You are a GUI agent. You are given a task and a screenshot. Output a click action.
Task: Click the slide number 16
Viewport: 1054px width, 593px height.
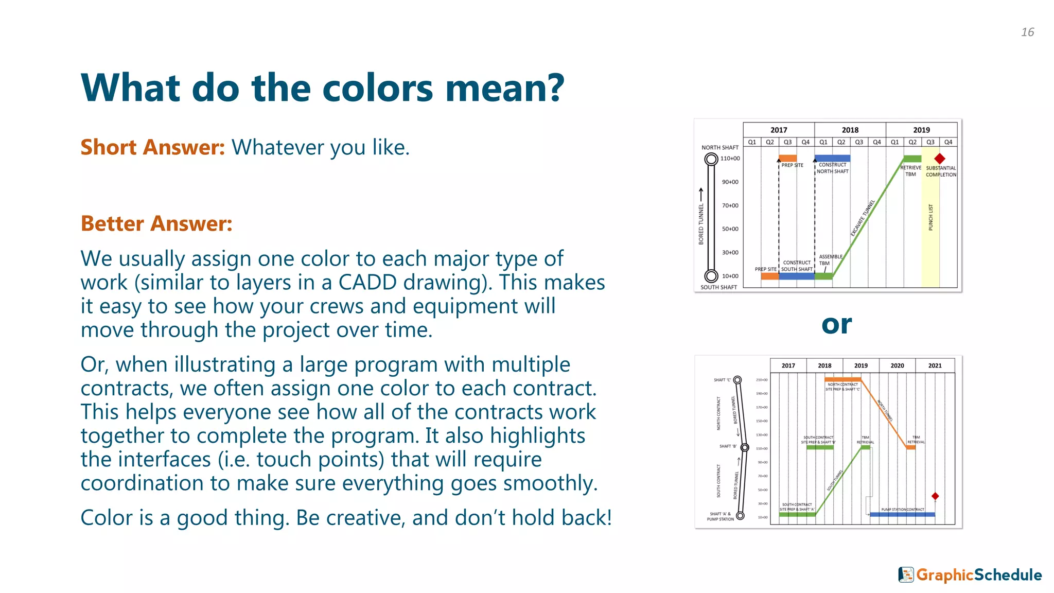pos(1027,32)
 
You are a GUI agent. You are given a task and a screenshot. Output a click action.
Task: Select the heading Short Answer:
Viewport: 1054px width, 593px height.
pos(152,147)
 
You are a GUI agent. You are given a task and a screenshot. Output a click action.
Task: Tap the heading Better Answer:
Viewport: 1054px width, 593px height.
pos(156,223)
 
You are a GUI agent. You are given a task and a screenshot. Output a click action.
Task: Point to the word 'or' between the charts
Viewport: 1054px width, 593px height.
pos(836,324)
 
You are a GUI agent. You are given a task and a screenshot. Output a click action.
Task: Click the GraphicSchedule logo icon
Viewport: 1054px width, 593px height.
pos(906,574)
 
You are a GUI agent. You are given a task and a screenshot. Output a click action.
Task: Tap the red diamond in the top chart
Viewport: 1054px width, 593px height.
pos(940,159)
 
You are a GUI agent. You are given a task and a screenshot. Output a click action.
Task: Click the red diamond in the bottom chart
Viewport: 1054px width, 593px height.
pos(935,496)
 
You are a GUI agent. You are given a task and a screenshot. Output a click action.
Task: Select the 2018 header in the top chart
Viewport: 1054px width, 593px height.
pos(850,130)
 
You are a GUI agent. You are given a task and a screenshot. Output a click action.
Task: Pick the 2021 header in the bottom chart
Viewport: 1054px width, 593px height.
pos(935,365)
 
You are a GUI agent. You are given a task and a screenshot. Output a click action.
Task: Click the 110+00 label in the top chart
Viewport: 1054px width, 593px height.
pos(730,159)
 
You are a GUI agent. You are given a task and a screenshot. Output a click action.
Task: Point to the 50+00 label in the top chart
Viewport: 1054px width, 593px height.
pos(730,229)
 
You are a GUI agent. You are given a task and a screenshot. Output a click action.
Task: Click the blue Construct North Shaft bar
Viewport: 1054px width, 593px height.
pos(832,159)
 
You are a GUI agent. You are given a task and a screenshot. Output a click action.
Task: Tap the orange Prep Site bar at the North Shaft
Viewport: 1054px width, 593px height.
pos(787,159)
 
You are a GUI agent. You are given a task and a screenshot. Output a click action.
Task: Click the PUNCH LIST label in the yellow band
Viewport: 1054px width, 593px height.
pos(930,217)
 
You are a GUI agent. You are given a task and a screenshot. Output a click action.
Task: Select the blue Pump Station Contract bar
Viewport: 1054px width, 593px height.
pos(902,514)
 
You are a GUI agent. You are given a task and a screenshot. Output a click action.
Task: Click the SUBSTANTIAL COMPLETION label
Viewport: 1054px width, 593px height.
pos(941,171)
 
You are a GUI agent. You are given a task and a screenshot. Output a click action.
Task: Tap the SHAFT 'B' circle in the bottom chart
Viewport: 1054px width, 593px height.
pos(745,447)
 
